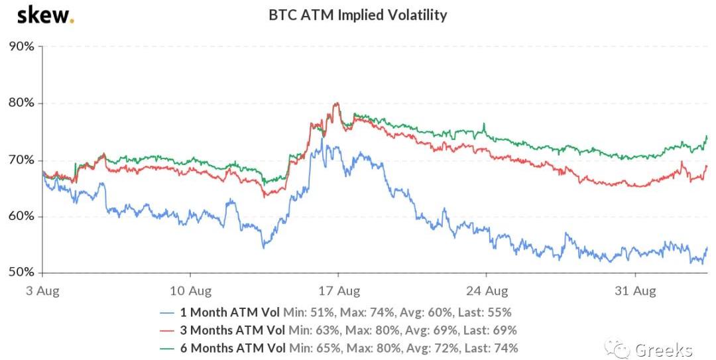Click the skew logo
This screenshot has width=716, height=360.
(44, 15)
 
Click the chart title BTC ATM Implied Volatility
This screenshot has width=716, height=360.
(357, 15)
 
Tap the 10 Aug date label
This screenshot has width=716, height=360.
(190, 290)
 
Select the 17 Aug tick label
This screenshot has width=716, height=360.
(338, 290)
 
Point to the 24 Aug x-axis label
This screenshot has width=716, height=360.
(487, 290)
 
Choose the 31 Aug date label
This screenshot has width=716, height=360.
(635, 290)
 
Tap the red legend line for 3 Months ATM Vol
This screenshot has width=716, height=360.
(168, 330)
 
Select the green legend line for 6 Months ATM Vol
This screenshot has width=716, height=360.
(168, 347)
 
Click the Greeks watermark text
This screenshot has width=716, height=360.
(664, 349)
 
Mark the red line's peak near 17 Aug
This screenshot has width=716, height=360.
(337, 103)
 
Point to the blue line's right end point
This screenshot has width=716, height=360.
(707, 248)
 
